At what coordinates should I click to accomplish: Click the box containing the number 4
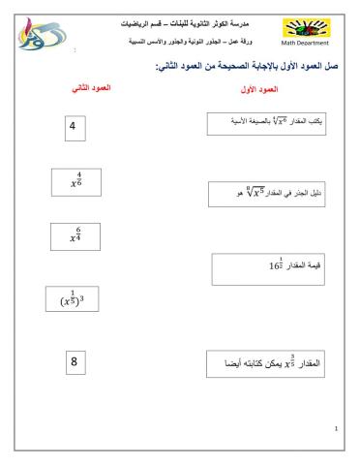click(x=73, y=127)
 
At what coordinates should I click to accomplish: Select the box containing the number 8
click(x=73, y=363)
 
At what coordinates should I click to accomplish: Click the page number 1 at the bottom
click(x=335, y=427)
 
